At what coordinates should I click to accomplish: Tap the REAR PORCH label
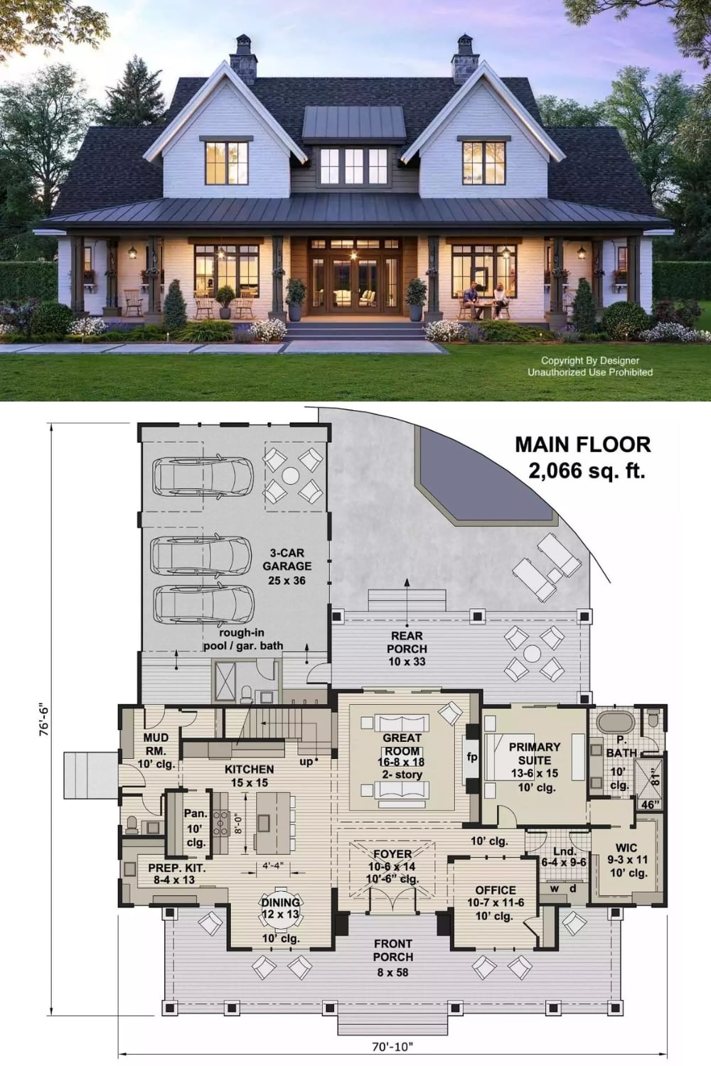(407, 642)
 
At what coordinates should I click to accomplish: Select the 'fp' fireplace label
(471, 757)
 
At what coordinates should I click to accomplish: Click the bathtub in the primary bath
(616, 723)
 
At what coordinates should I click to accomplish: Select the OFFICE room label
(496, 890)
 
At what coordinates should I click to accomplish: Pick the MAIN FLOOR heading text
(583, 444)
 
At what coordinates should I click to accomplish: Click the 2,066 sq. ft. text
(587, 470)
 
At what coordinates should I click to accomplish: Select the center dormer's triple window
(353, 166)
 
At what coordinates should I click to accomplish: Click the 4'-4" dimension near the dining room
(273, 866)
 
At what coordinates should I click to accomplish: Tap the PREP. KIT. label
(176, 868)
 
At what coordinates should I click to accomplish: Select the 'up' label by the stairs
(306, 762)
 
